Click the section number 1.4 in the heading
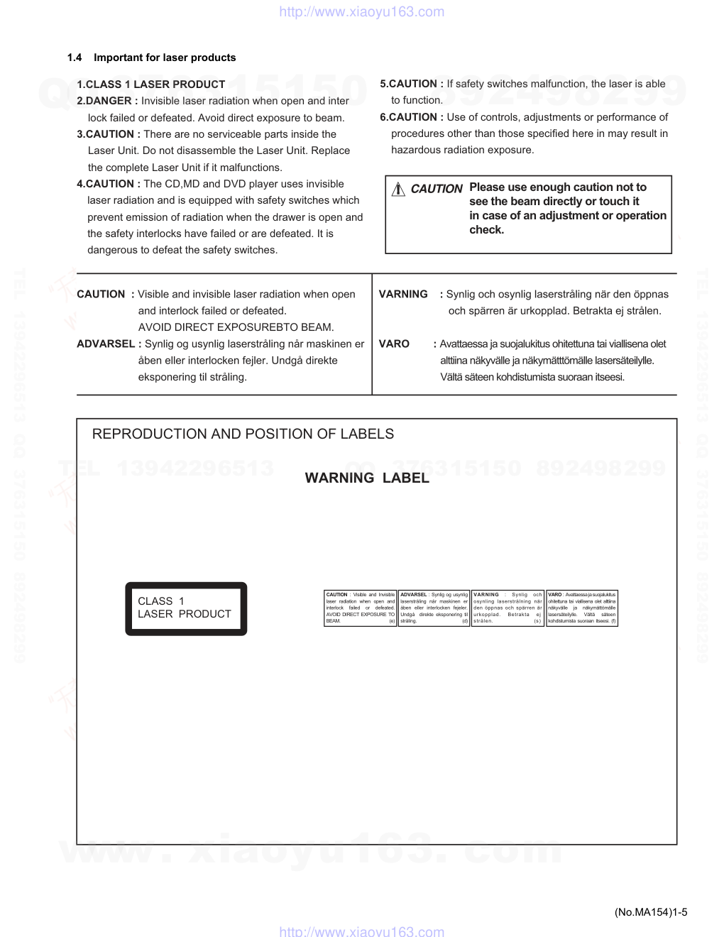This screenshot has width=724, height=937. click(75, 57)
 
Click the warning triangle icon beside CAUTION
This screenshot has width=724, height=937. click(398, 189)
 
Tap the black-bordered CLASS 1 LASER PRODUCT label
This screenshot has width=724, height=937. click(186, 608)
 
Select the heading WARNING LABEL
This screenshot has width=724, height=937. click(367, 478)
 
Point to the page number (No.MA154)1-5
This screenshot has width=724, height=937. click(651, 912)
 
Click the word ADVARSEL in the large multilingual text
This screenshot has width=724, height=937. click(105, 344)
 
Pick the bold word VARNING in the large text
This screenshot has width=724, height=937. click(403, 295)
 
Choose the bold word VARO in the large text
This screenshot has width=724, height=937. click(394, 344)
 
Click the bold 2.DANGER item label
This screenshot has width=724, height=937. click(107, 101)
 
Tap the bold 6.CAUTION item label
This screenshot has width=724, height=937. click(412, 117)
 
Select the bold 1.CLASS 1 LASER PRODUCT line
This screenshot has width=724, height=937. click(150, 84)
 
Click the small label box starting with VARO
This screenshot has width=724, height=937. click(582, 608)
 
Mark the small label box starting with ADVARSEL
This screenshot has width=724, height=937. click(434, 608)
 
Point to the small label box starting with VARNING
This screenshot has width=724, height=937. click(508, 608)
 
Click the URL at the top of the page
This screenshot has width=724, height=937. click(362, 11)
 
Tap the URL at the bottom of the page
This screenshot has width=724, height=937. click(362, 931)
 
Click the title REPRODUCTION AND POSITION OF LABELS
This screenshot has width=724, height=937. click(243, 434)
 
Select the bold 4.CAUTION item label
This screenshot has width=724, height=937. click(109, 184)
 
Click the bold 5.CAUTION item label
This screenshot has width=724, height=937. click(412, 84)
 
